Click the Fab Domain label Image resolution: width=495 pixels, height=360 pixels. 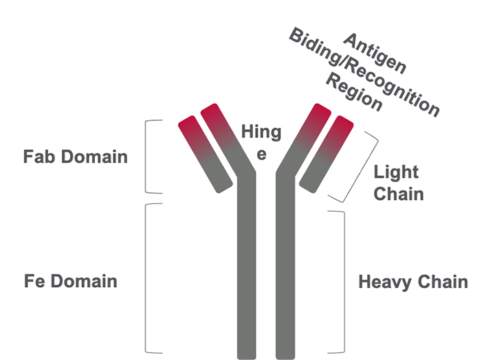pos(75,157)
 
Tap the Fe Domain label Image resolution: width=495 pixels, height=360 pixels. pos(70,281)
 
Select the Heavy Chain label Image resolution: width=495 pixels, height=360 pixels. pos(412,282)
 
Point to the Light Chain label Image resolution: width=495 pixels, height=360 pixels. pos(397,183)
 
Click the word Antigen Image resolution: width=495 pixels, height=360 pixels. pos(375,54)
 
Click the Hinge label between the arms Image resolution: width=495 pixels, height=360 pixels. pos(261,142)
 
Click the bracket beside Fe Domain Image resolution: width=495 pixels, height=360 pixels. pos(149,278)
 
